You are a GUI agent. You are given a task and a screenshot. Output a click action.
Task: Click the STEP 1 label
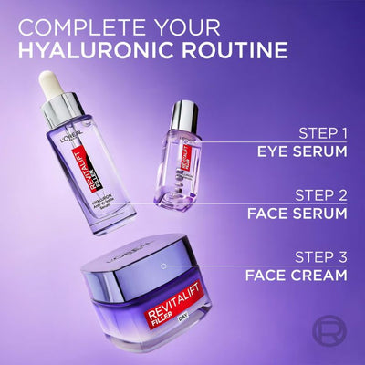click(x=324, y=130)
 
